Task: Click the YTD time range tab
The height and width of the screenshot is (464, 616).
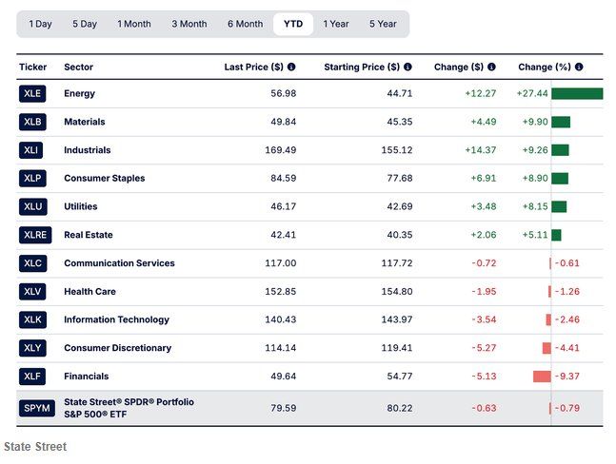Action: [x=293, y=24]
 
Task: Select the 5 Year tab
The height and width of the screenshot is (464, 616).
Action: [x=383, y=24]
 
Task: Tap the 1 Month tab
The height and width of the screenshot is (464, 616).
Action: [x=133, y=24]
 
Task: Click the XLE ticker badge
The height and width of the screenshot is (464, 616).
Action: [x=32, y=93]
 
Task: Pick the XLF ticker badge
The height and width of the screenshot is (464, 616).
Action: [x=32, y=377]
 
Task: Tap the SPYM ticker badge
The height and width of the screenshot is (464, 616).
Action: [x=32, y=409]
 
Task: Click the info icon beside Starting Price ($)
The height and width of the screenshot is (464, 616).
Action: [x=407, y=67]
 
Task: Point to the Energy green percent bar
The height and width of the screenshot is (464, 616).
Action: [x=576, y=93]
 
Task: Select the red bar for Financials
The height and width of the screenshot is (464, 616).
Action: [x=542, y=377]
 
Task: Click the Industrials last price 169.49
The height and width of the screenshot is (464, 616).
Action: [x=276, y=150]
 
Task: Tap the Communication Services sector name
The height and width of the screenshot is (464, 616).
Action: [x=119, y=263]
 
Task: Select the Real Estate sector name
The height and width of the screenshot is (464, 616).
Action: [x=88, y=235]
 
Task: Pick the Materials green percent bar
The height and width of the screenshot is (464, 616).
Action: [x=560, y=122]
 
